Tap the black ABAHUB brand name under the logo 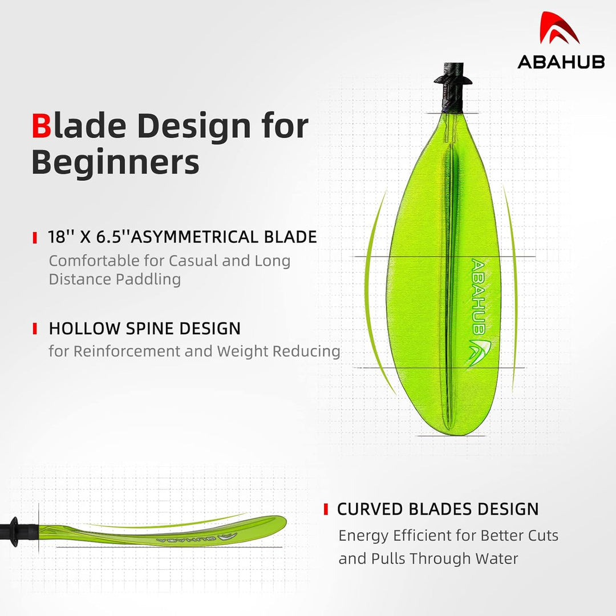561,62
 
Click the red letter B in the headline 41,125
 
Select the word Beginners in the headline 115,162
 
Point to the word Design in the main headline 194,127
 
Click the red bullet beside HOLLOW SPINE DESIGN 35,329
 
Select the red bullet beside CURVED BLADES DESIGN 326,509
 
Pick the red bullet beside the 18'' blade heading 35,238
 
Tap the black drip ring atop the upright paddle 453,80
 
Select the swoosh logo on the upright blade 479,351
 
